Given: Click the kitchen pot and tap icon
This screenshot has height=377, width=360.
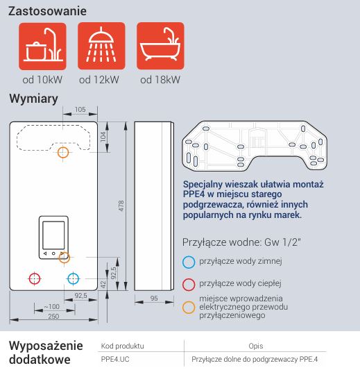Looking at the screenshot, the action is pyautogui.click(x=42, y=46).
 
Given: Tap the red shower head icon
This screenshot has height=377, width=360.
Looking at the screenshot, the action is pyautogui.click(x=101, y=46).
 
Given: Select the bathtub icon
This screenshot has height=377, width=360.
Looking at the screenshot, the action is pyautogui.click(x=160, y=46).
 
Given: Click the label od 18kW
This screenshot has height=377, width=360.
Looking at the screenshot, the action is pyautogui.click(x=160, y=80).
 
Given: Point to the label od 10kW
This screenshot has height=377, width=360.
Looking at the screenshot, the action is pyautogui.click(x=42, y=80).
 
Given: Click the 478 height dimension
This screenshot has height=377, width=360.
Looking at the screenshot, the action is pyautogui.click(x=121, y=206).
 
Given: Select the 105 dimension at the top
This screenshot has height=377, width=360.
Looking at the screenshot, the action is pyautogui.click(x=80, y=110).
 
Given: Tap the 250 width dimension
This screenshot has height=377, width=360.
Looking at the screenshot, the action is pyautogui.click(x=53, y=316).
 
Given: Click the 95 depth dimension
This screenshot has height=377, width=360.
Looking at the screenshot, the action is pyautogui.click(x=154, y=299).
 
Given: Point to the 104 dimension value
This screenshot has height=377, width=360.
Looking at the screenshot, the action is pyautogui.click(x=103, y=137).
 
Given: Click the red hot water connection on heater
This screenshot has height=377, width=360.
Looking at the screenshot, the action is pyautogui.click(x=35, y=278).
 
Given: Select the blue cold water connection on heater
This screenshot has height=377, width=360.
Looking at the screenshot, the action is pyautogui.click(x=74, y=278).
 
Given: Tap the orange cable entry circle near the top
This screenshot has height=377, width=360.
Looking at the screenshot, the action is pyautogui.click(x=63, y=152).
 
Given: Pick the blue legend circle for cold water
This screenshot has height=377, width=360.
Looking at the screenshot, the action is pyautogui.click(x=189, y=262).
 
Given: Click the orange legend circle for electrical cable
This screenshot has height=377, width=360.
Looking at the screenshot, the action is pyautogui.click(x=189, y=308).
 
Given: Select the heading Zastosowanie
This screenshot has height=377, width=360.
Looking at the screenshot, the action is pyautogui.click(x=47, y=11).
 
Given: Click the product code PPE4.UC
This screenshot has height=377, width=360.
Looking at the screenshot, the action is pyautogui.click(x=115, y=359).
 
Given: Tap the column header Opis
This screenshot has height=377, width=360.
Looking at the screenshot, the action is pyautogui.click(x=256, y=346).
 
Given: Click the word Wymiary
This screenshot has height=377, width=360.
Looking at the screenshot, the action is pyautogui.click(x=33, y=99).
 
